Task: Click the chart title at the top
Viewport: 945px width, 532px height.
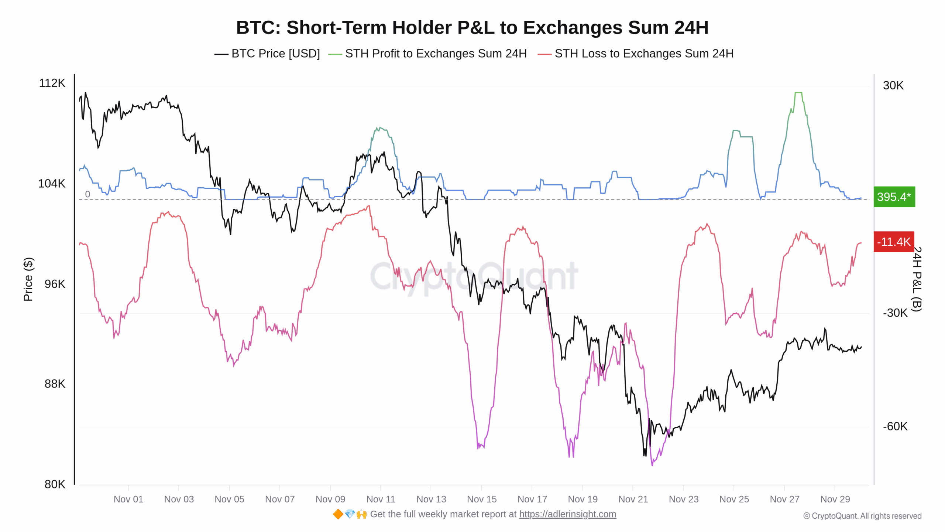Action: click(x=472, y=28)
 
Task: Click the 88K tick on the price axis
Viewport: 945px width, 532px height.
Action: click(x=55, y=384)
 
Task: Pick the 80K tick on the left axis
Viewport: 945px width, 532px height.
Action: click(x=55, y=484)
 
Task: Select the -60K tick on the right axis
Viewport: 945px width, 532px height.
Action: click(x=895, y=426)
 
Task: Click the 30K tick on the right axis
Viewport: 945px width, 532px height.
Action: click(x=893, y=85)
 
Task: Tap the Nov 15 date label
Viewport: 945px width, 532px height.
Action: click(x=481, y=499)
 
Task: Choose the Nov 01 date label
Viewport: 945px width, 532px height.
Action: click(x=128, y=499)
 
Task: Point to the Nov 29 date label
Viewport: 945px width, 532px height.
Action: click(x=835, y=499)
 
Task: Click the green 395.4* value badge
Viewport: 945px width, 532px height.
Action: click(x=894, y=197)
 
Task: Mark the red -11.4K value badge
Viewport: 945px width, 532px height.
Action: click(x=894, y=242)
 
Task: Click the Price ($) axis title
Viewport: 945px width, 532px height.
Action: click(x=28, y=279)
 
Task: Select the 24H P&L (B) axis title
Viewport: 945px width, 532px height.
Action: click(x=917, y=279)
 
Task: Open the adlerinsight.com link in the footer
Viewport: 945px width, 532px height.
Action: click(x=567, y=514)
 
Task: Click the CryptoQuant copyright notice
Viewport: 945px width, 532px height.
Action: click(x=862, y=516)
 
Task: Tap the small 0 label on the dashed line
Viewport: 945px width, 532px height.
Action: click(x=87, y=194)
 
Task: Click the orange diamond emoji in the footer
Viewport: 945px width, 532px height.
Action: click(x=338, y=514)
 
